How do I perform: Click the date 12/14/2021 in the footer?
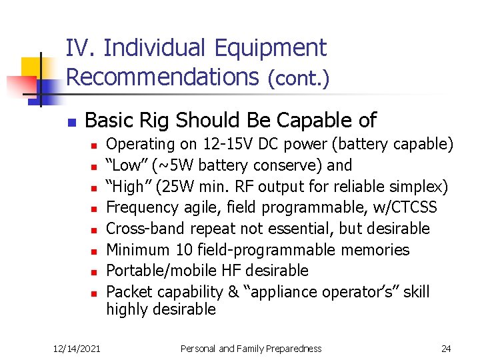pos(77,349)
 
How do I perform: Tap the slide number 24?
pos(446,349)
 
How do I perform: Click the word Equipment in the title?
pos(271,49)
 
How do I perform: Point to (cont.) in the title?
pos(298,79)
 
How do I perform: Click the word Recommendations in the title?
pos(162,77)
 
